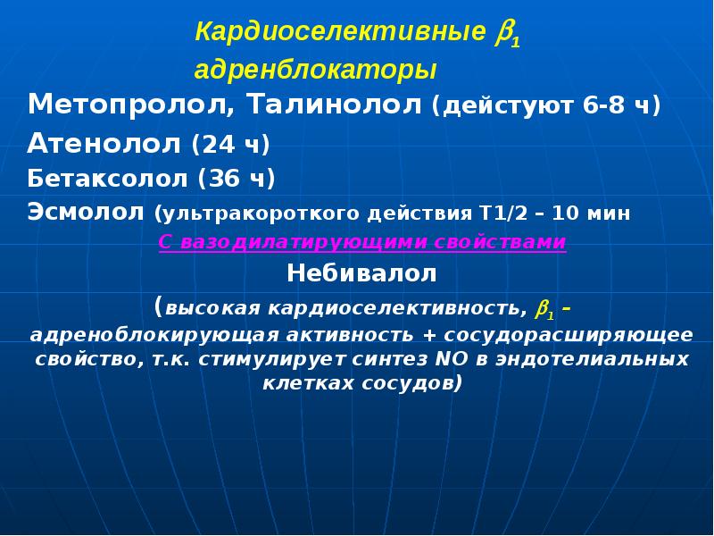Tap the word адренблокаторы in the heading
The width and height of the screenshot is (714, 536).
pyautogui.click(x=316, y=70)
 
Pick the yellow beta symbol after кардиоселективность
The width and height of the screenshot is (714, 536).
pyautogui.click(x=544, y=310)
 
